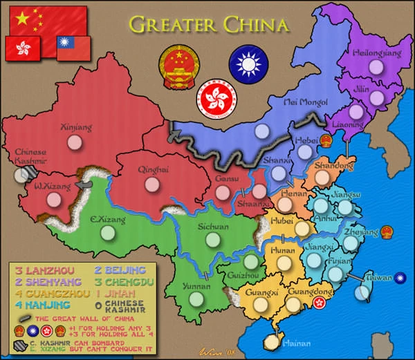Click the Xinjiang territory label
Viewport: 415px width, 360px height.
[x=71, y=127]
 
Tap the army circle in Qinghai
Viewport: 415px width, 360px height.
[x=152, y=184]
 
